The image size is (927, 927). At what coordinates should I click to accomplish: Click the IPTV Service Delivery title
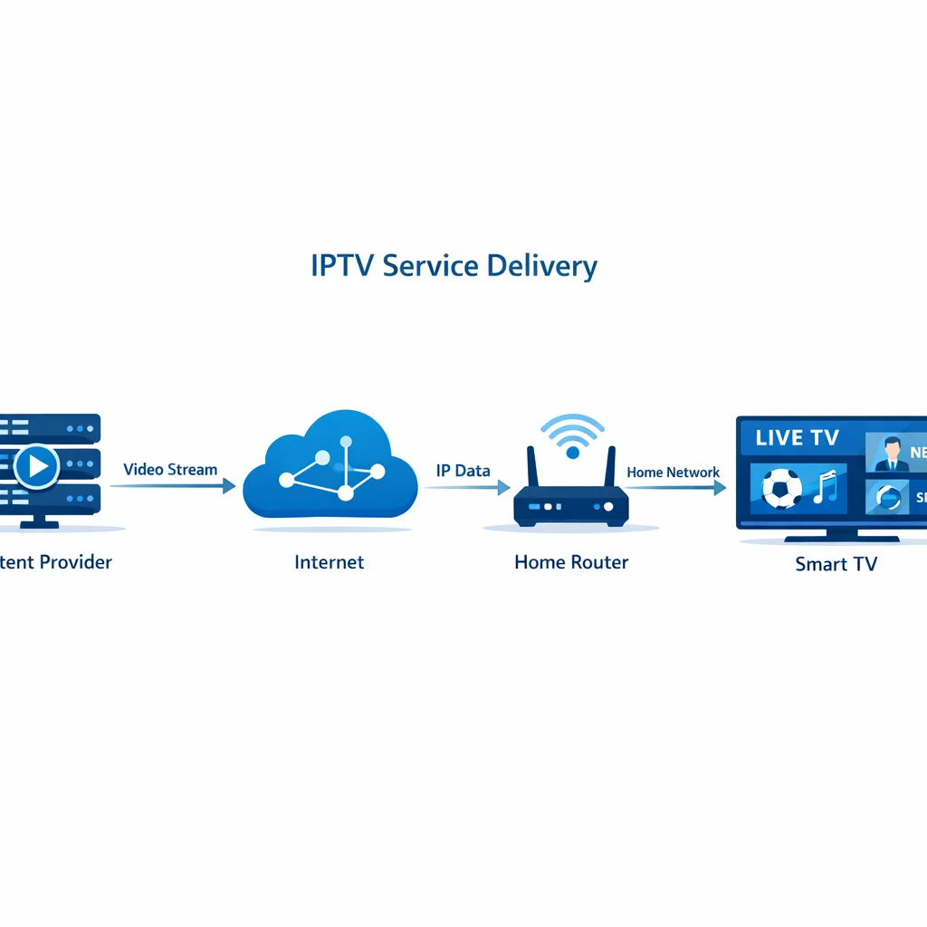tap(454, 266)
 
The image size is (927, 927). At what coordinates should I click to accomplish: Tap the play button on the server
tap(37, 466)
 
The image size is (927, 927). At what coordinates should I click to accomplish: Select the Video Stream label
tap(170, 470)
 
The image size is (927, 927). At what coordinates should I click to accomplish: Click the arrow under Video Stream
tap(172, 486)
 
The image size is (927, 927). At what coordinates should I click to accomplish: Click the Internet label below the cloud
tap(330, 562)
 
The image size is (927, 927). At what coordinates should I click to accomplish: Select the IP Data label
tap(463, 471)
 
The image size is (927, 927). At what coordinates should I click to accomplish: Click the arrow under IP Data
tap(466, 487)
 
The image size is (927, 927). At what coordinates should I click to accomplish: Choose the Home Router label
tap(571, 562)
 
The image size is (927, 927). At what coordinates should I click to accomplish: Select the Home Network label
tap(674, 473)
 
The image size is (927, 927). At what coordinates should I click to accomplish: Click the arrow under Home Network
tap(675, 488)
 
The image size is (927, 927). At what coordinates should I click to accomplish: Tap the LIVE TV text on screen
tap(797, 438)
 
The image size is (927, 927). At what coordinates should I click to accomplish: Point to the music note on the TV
tap(825, 489)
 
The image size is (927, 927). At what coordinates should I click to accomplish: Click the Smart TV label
tap(836, 564)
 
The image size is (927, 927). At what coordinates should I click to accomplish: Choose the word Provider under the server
tap(75, 562)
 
